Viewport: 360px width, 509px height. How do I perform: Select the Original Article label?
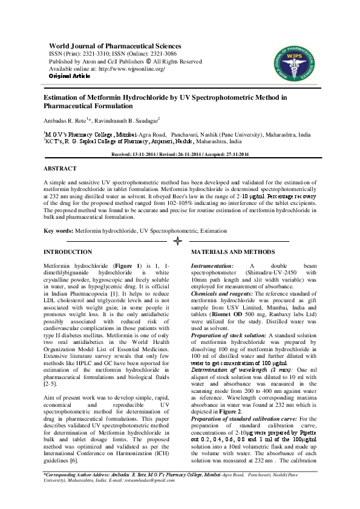[70, 76]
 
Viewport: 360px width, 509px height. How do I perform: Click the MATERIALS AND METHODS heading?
[233, 251]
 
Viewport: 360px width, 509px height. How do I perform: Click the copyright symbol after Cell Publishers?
[149, 61]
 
